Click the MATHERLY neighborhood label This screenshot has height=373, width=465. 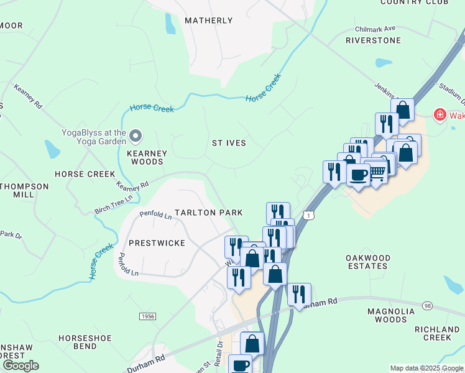coord(209,21)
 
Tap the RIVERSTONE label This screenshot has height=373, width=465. coord(373,40)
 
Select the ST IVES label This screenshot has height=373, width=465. coord(229,143)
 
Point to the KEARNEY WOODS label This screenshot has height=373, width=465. coord(147,157)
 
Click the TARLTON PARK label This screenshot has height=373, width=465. coord(208,213)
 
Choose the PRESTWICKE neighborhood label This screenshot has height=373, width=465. coord(157,243)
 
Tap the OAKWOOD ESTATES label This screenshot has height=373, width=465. coord(368,262)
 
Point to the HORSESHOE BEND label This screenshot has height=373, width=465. coord(85,343)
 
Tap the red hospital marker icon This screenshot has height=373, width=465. coord(440,115)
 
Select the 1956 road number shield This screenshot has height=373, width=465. coord(147,316)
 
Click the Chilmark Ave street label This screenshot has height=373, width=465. coord(375,29)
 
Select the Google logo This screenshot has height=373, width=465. coord(21,366)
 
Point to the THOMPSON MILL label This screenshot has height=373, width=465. coord(24,190)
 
